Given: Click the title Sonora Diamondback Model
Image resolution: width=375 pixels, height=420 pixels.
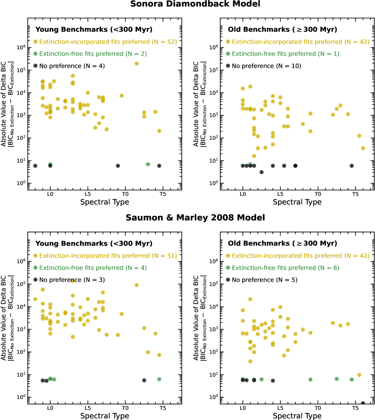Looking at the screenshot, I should [x=195, y=4].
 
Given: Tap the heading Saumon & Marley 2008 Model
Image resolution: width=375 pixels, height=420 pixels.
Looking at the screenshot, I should [x=195, y=218].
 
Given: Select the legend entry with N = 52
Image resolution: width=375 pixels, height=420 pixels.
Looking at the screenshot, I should [x=108, y=42].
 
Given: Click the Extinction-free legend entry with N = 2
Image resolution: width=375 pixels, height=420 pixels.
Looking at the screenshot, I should [x=93, y=54].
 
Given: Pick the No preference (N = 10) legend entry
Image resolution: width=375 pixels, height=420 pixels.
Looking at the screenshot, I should [x=266, y=66].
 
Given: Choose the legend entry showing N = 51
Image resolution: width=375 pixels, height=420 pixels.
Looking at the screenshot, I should [x=108, y=256].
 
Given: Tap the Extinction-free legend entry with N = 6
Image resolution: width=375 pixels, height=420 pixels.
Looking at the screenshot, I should [x=285, y=268].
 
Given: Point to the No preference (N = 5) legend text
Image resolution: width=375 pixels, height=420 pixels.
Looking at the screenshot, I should [x=264, y=280].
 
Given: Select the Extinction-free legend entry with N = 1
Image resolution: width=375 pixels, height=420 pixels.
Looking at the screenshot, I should [x=285, y=54].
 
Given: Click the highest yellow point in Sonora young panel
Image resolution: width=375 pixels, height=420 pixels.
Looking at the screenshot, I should [x=137, y=63].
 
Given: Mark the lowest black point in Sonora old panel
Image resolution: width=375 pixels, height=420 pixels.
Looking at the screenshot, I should [x=262, y=172].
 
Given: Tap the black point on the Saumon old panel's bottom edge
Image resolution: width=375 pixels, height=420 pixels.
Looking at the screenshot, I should [x=363, y=403].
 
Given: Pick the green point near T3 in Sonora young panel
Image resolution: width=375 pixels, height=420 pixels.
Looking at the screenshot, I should [x=148, y=164].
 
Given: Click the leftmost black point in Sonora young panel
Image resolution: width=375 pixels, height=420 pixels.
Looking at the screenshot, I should [x=35, y=166].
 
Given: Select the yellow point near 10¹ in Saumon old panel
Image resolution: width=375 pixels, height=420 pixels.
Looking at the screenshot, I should [x=359, y=375].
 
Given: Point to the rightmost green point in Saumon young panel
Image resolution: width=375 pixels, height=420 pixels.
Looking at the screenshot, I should [x=159, y=379].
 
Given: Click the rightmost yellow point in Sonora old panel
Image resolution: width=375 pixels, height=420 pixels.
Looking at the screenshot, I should [x=363, y=148].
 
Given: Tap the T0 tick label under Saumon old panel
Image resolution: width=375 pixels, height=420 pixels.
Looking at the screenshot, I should [x=318, y=408].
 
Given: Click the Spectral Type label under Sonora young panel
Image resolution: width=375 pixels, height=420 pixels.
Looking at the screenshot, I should [x=105, y=202].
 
